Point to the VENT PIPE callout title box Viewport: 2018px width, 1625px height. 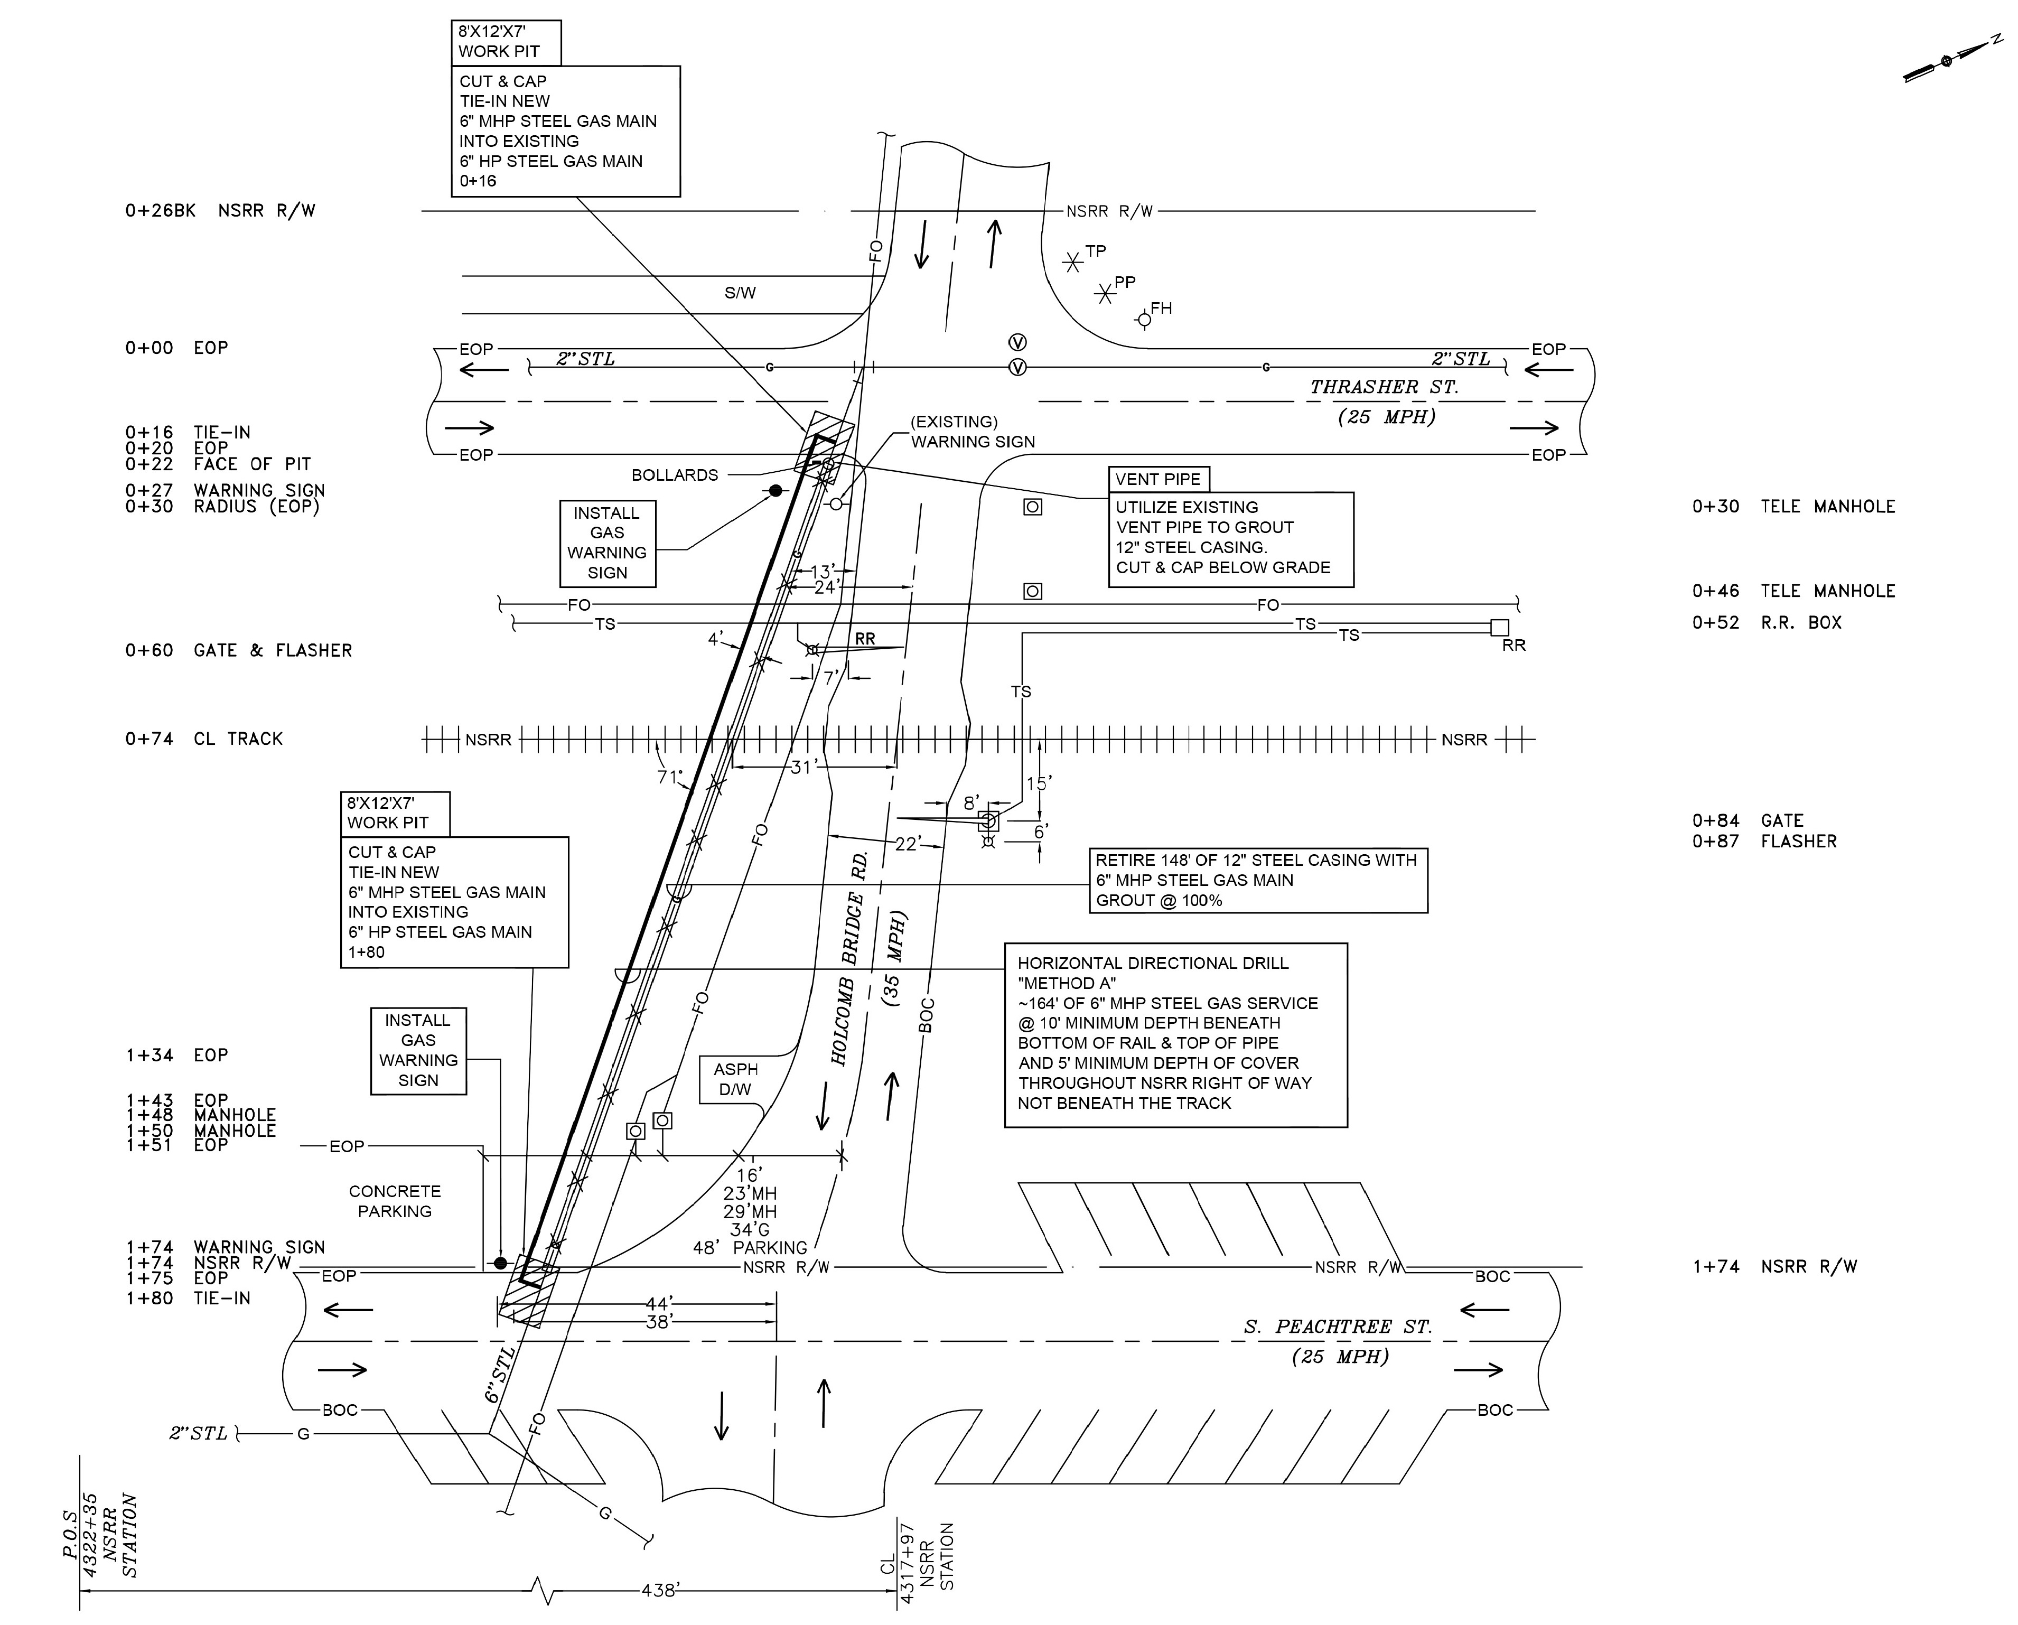1158,479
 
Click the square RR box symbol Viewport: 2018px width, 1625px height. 1499,627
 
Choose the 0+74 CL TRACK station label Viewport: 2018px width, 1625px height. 203,739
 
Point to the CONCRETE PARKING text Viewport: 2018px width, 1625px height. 394,1201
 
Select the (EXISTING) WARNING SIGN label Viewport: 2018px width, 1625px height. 973,432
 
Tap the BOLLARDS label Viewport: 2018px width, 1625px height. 675,475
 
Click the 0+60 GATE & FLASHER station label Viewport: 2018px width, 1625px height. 239,650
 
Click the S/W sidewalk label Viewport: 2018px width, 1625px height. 740,293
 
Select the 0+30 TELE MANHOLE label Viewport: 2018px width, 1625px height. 1793,507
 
